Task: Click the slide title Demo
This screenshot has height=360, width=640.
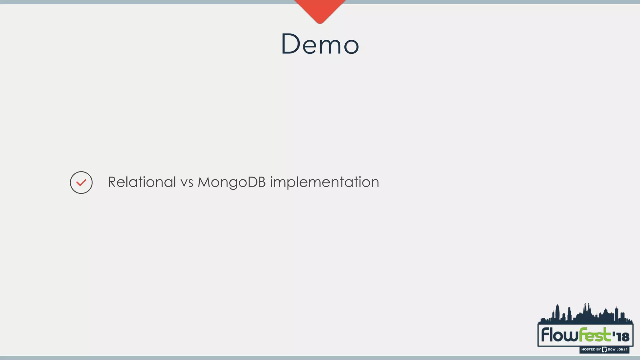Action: [x=320, y=44]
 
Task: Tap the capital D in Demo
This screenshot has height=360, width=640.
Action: [x=291, y=44]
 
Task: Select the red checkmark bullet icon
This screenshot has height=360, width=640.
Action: [x=81, y=182]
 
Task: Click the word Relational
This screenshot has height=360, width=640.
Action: [x=142, y=182]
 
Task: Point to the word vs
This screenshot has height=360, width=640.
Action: [x=187, y=182]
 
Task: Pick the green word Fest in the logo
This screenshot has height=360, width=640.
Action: [x=595, y=335]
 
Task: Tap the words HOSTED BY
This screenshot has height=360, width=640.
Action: [x=591, y=349]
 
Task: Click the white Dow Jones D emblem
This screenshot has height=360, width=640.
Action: [x=604, y=349]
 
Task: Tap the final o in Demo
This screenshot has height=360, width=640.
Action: [x=351, y=46]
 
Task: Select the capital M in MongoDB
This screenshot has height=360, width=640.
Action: [x=205, y=182]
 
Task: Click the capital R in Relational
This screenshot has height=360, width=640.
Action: [x=112, y=182]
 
